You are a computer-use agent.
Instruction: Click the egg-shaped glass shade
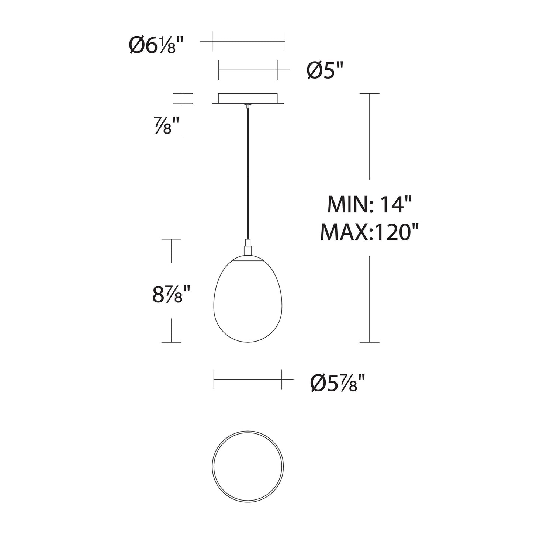248,302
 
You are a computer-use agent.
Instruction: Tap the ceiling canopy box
248,98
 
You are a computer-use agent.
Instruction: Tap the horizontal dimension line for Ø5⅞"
248,379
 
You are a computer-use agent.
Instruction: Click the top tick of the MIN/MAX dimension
369,94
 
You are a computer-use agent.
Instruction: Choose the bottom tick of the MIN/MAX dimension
369,342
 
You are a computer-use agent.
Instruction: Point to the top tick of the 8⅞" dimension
171,239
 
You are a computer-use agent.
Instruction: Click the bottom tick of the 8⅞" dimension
171,342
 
